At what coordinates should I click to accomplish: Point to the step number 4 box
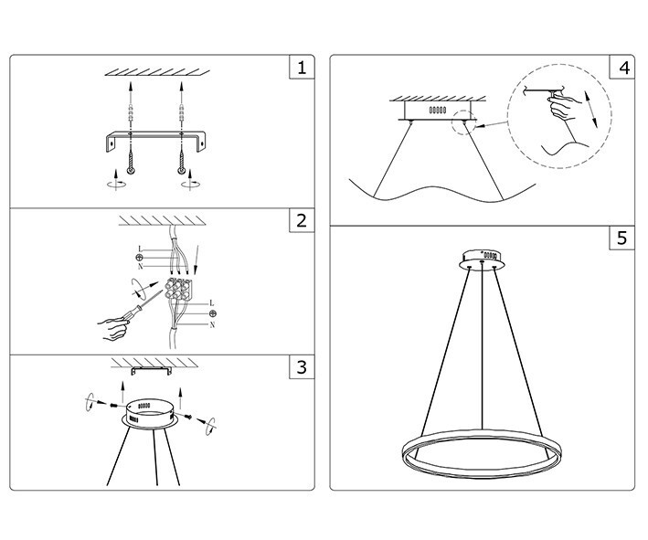pos(623,67)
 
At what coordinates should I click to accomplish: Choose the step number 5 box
pos(623,238)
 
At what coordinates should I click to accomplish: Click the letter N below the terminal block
pos(212,325)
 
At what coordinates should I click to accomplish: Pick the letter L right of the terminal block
pos(212,302)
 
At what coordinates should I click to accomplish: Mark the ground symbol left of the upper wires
pos(139,259)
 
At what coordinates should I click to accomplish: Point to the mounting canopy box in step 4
pos(437,111)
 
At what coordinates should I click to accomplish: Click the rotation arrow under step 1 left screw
pos(115,181)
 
